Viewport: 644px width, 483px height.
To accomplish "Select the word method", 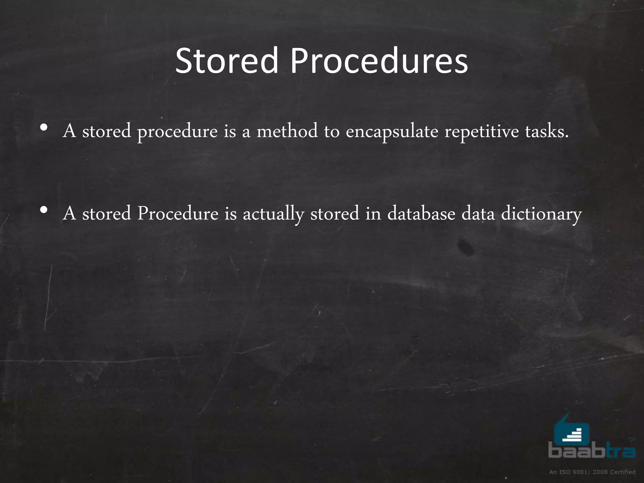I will pyautogui.click(x=287, y=131).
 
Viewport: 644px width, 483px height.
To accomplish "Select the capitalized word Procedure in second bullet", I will pyautogui.click(x=178, y=214).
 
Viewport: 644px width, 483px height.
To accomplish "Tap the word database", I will pyautogui.click(x=421, y=214).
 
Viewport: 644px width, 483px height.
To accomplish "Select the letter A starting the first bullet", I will pyautogui.click(x=69, y=131).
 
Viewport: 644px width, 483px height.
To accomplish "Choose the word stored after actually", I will pyautogui.click(x=335, y=214).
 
